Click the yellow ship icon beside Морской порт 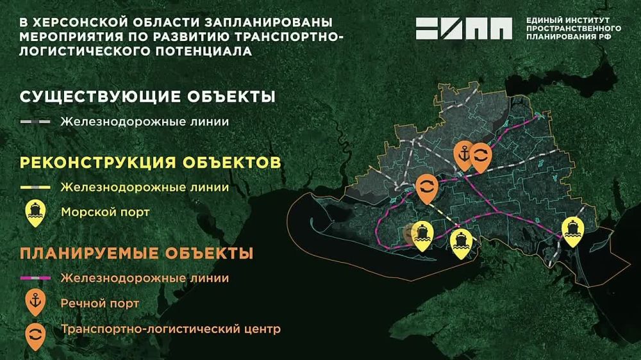coord(35,212)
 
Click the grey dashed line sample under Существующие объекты coord(36,121)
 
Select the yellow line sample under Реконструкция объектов coord(36,188)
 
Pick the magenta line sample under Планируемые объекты coord(36,279)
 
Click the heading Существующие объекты coord(148,97)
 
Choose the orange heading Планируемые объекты coord(137,253)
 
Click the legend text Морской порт coord(104,211)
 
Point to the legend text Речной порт coord(100,302)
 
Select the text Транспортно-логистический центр coord(171,331)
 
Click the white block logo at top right coord(464,29)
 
